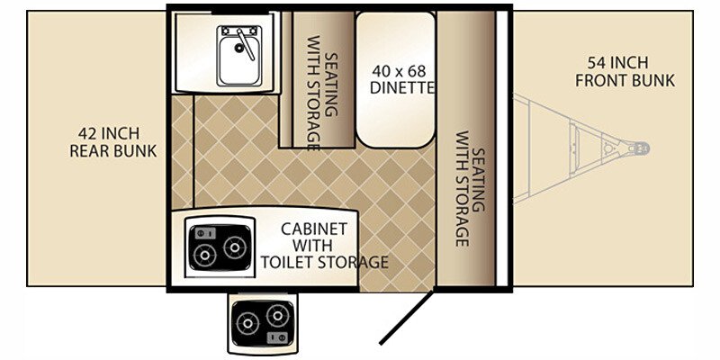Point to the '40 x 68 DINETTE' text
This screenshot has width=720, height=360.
(402, 78)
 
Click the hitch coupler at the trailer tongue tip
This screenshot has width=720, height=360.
(640, 147)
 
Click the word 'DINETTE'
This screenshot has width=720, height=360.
(402, 87)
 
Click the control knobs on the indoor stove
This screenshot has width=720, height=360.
(202, 231)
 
